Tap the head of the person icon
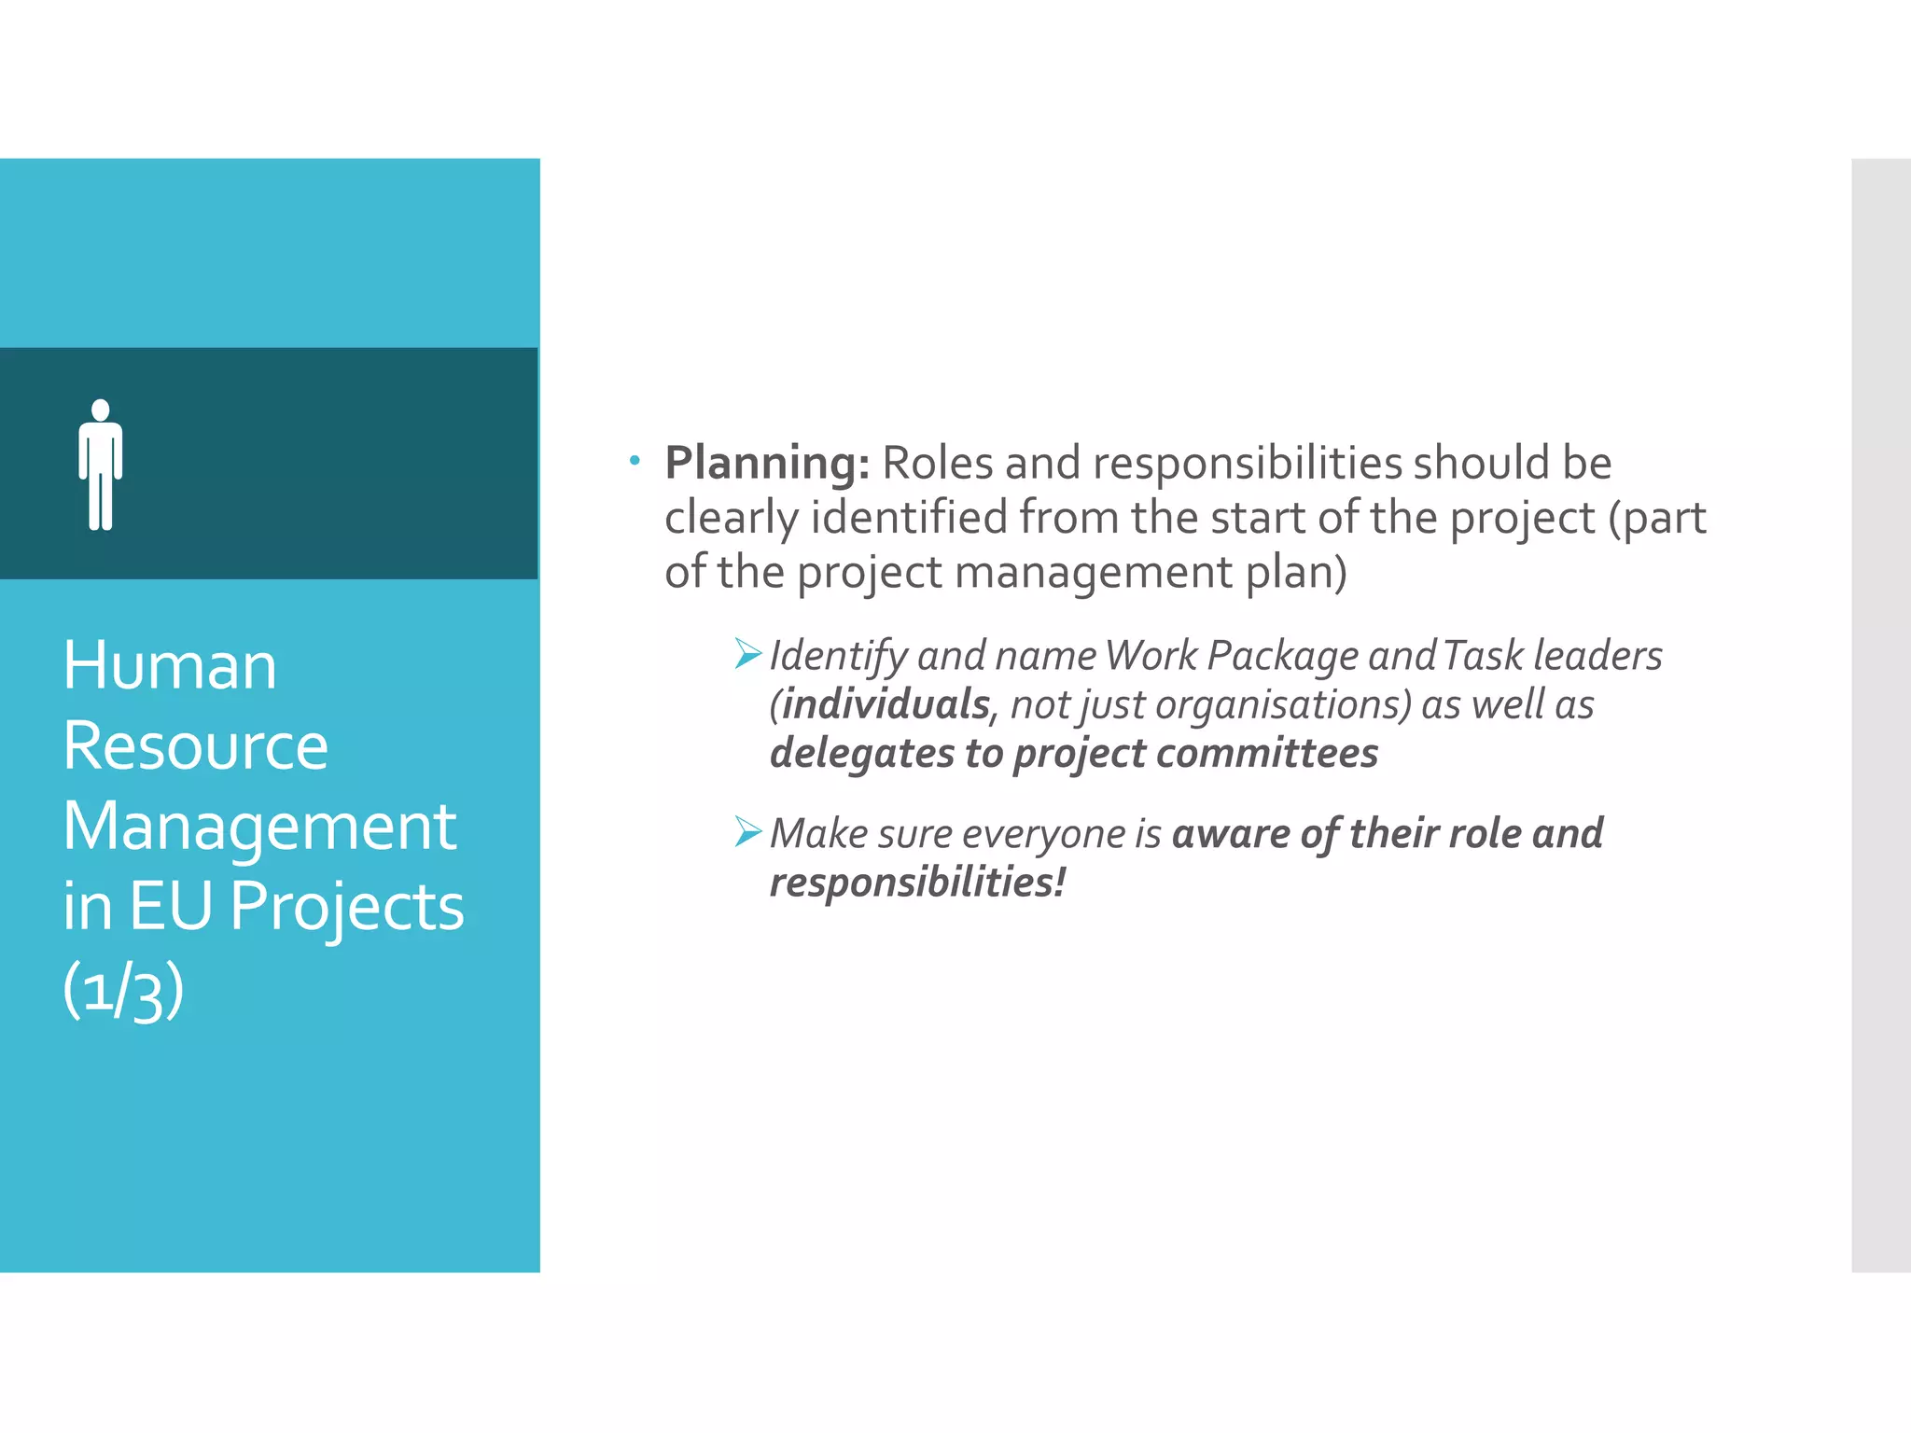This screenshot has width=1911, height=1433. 101,410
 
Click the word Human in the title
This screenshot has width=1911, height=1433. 170,666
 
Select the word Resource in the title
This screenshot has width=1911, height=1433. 195,746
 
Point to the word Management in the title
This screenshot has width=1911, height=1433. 259,828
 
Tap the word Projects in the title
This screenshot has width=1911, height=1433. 346,907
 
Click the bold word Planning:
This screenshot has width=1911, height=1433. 767,463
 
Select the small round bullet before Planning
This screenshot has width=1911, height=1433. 635,460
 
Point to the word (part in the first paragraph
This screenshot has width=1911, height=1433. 1657,518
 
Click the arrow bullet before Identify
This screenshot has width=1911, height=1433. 748,653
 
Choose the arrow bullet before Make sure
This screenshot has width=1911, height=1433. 748,830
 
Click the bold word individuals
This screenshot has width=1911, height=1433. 885,704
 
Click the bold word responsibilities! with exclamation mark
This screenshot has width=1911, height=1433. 917,883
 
